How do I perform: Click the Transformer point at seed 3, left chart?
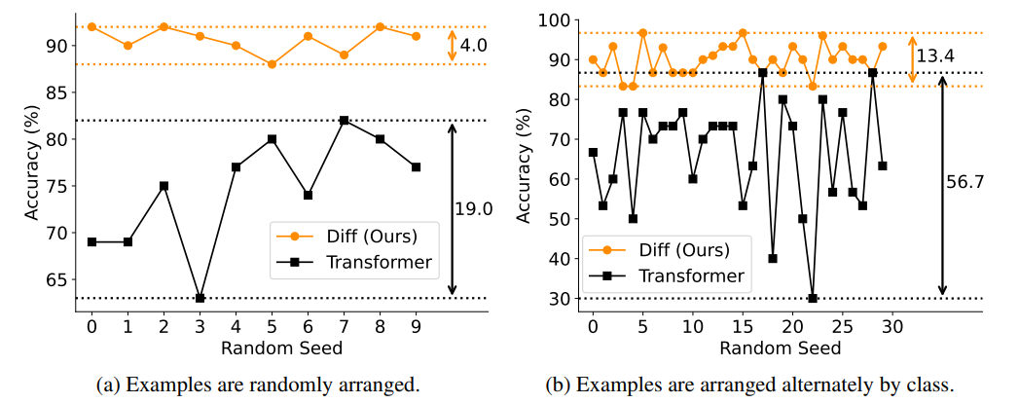point(200,298)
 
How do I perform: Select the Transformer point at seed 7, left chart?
point(344,120)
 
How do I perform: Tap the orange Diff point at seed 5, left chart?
point(272,64)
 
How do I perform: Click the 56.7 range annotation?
point(962,180)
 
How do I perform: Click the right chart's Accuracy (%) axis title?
point(527,160)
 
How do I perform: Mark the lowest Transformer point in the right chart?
point(813,298)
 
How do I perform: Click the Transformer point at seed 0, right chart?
point(593,152)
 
